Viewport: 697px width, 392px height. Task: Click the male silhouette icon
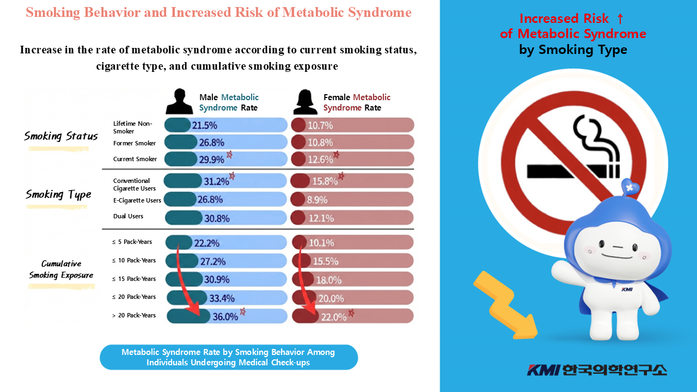coord(180,101)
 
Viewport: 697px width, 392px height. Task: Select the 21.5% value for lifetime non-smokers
coord(204,125)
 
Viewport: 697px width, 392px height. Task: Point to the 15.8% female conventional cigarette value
coord(325,181)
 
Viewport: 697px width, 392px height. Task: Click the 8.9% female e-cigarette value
coord(317,200)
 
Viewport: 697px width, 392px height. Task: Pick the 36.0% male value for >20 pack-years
coord(225,316)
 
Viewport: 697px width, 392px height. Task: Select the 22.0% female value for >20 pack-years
coord(333,316)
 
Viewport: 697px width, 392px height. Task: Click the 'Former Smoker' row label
coord(134,143)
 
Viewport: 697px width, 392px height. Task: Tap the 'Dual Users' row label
coord(129,216)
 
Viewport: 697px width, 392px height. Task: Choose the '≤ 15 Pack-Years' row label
coord(134,279)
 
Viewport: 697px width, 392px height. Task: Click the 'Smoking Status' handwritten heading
coord(61,136)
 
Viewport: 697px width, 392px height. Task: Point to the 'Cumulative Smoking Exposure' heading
coord(61,269)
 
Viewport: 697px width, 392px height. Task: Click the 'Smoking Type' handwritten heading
coord(58,194)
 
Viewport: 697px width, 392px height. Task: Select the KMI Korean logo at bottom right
coord(596,370)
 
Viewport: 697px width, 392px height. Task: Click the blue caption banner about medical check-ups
coord(229,357)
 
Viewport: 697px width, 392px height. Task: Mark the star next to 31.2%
coord(232,176)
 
